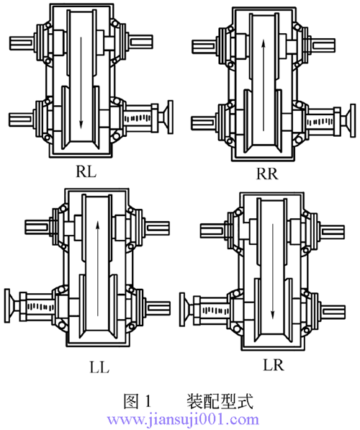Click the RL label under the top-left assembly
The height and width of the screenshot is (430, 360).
pyautogui.click(x=86, y=172)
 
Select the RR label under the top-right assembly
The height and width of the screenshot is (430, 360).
pyautogui.click(x=267, y=174)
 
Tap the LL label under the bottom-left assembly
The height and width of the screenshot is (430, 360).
pyautogui.click(x=99, y=367)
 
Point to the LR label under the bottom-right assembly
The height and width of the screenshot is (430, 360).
pyautogui.click(x=274, y=364)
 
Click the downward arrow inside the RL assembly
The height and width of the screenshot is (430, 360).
pyautogui.click(x=81, y=83)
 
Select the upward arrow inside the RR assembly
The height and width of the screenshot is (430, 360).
pyautogui.click(x=264, y=85)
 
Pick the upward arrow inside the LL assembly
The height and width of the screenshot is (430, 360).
pyautogui.click(x=98, y=269)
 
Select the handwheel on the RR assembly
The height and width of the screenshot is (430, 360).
pyautogui.click(x=350, y=120)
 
